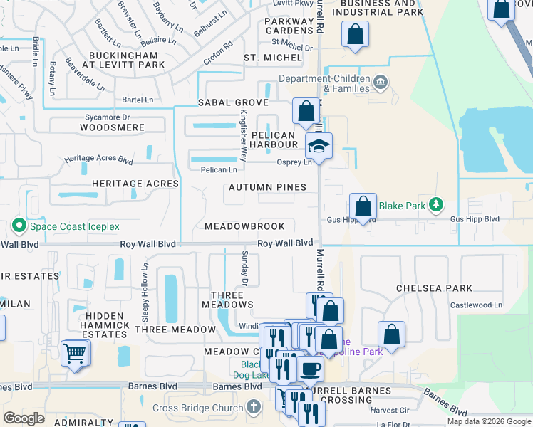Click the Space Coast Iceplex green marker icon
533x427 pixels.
click(x=19, y=226)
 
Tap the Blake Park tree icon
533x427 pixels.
click(x=436, y=206)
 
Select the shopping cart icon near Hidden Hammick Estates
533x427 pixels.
click(x=75, y=352)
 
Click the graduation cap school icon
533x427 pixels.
click(x=319, y=147)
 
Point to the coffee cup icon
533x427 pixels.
click(x=310, y=369)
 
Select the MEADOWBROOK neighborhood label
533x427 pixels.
click(x=244, y=226)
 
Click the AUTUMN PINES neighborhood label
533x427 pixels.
click(x=267, y=187)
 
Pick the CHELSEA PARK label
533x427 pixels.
click(x=435, y=288)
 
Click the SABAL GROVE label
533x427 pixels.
click(x=233, y=103)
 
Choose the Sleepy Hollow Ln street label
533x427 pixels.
click(x=145, y=283)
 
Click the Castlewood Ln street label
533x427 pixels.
click(x=476, y=305)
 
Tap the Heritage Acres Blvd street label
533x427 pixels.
click(x=99, y=159)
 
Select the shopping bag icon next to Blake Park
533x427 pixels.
click(x=363, y=207)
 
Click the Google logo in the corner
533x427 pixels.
click(x=24, y=418)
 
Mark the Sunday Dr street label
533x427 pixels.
click(x=244, y=268)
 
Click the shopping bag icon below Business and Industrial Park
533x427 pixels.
click(x=355, y=33)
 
